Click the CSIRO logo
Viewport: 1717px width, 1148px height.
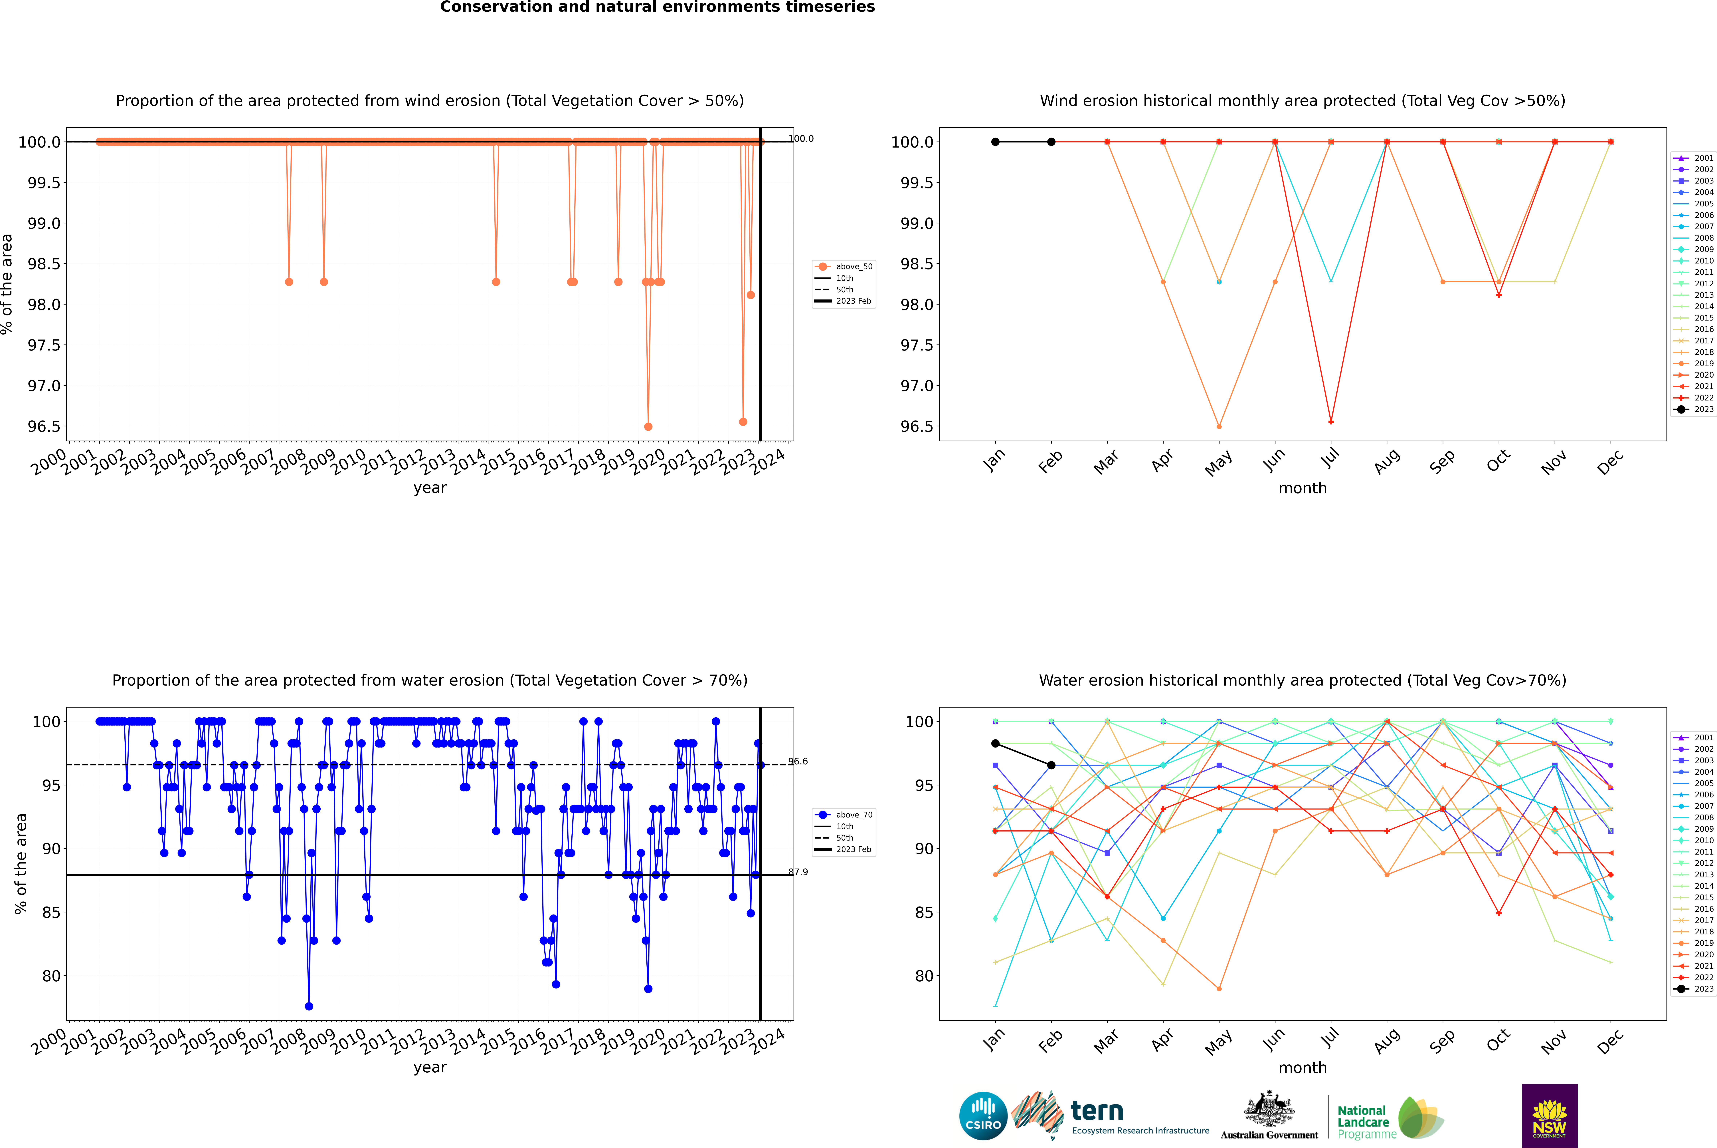(983, 1116)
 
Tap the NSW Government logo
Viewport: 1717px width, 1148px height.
(1549, 1116)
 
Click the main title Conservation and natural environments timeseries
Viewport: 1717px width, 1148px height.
(657, 7)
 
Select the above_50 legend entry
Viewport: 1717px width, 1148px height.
(853, 267)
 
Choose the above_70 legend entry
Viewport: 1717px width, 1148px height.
(853, 815)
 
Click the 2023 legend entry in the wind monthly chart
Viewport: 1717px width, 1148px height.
(1703, 409)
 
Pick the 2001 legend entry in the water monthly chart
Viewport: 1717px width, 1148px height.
(1703, 737)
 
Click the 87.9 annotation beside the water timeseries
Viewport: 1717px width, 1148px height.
(798, 872)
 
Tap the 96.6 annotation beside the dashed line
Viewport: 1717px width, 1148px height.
(798, 762)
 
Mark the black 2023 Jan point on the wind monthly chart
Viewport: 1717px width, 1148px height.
(995, 142)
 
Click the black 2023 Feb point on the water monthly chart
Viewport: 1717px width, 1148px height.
(1051, 765)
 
